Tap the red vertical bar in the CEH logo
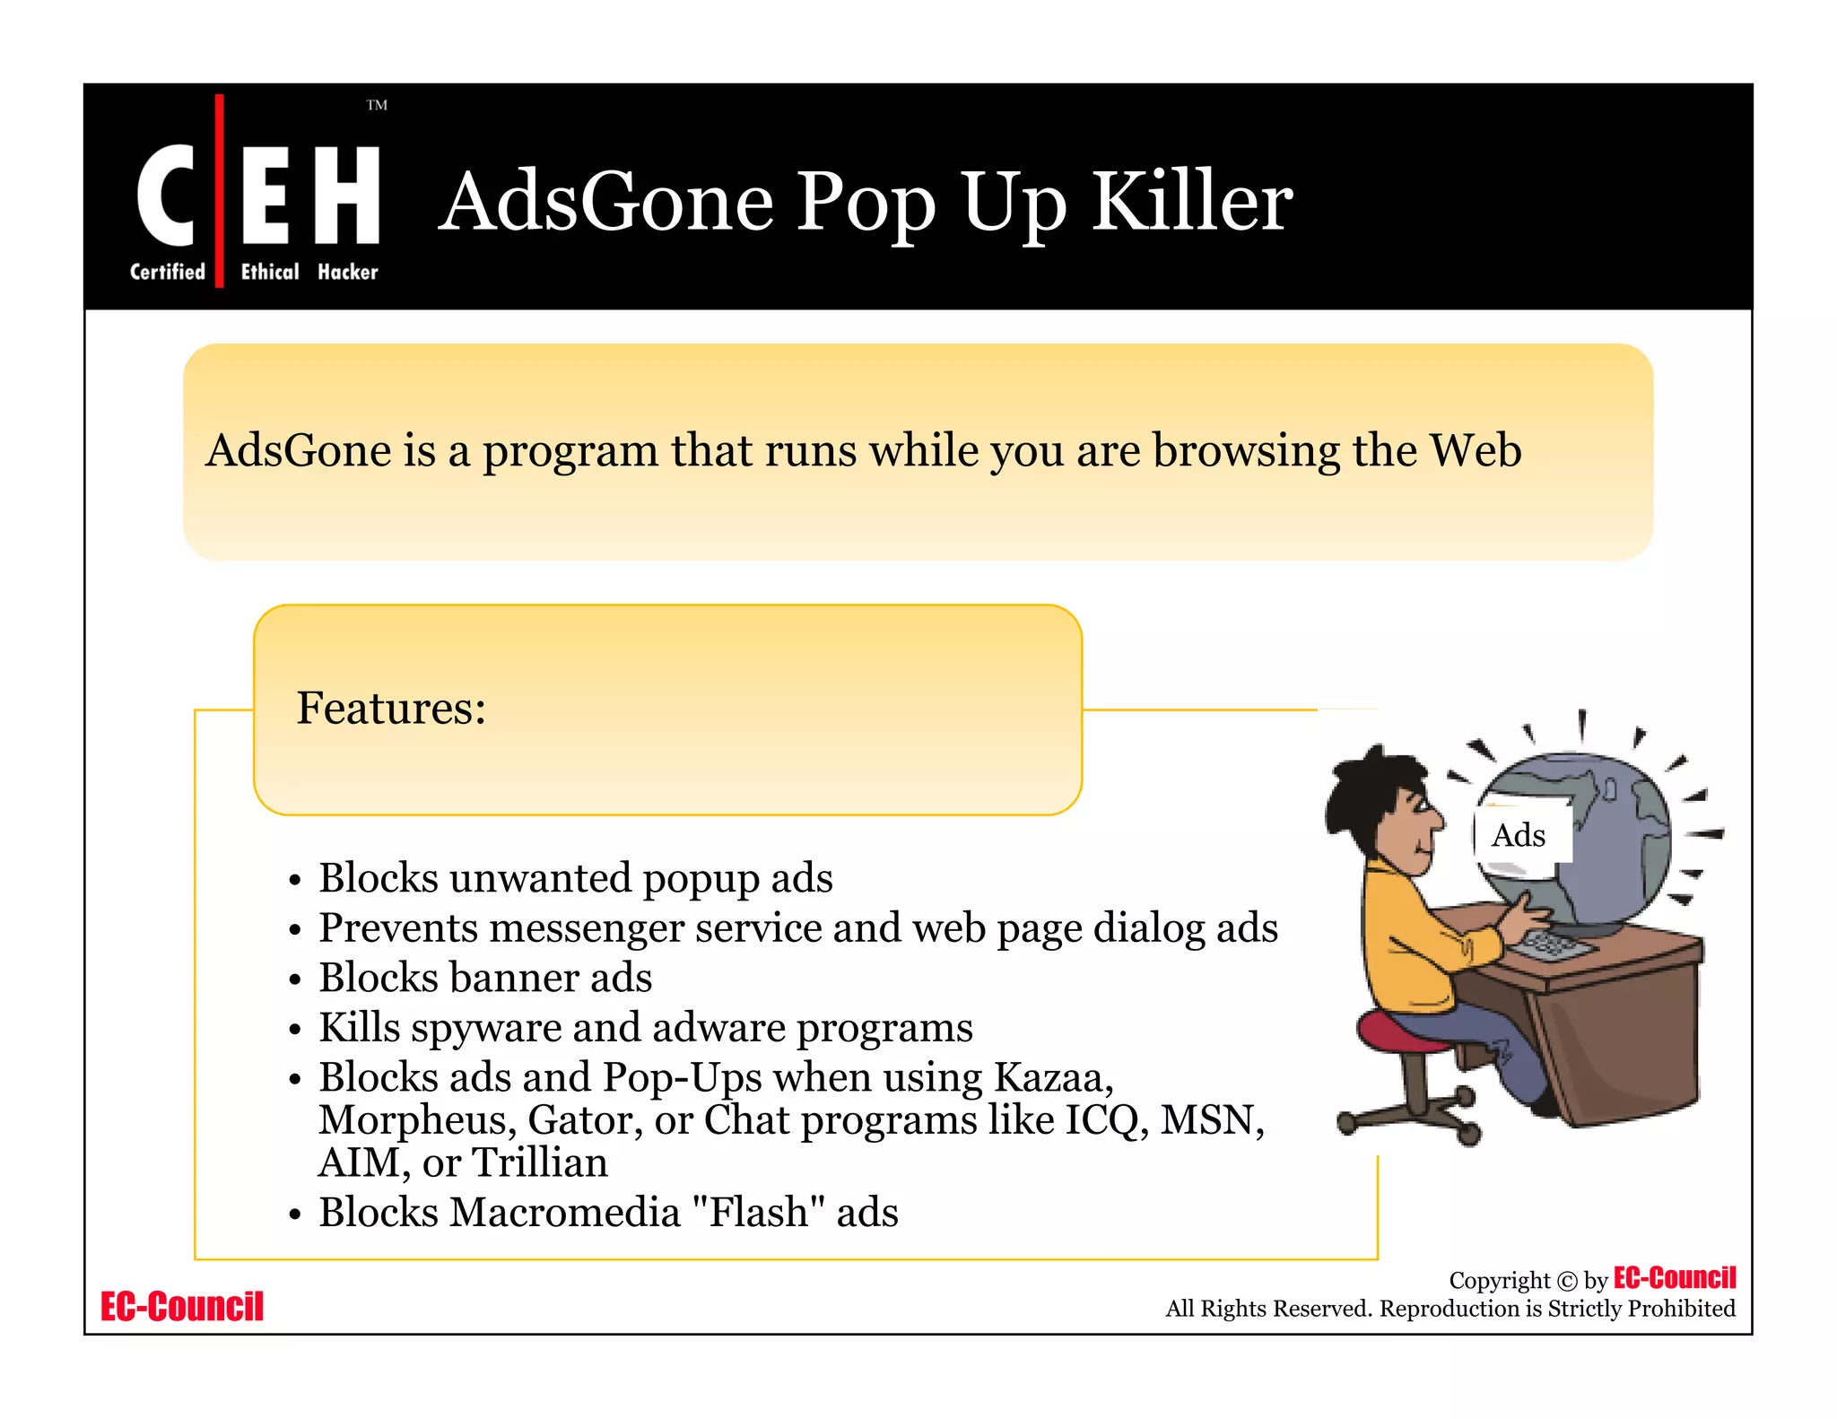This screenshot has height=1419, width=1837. pyautogui.click(x=219, y=190)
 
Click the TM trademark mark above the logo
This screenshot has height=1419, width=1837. pyautogui.click(x=377, y=105)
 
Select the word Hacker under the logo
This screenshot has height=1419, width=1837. pyautogui.click(x=348, y=272)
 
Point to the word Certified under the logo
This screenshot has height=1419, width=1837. pyautogui.click(x=168, y=272)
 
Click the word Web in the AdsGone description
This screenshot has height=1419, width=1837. pyautogui.click(x=1475, y=450)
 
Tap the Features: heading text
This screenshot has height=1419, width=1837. pyautogui.click(x=391, y=709)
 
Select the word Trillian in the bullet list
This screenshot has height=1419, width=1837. pyautogui.click(x=540, y=1162)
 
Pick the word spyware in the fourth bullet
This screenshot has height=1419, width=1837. pyautogui.click(x=485, y=1028)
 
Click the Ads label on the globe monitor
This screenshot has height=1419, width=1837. pyautogui.click(x=1518, y=835)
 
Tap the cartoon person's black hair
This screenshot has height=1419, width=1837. pyautogui.click(x=1363, y=789)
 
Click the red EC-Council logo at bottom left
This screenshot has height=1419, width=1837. pyautogui.click(x=182, y=1307)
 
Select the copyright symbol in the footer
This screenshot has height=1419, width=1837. pyautogui.click(x=1566, y=1281)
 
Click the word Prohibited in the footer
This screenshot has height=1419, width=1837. pyautogui.click(x=1681, y=1309)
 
